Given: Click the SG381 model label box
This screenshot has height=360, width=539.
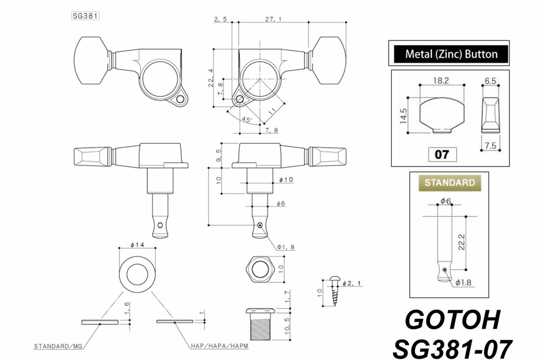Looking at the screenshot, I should tap(85, 16).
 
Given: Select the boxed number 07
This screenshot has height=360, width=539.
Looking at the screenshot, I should tap(441, 155).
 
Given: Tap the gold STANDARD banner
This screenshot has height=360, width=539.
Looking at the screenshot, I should tap(450, 182).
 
